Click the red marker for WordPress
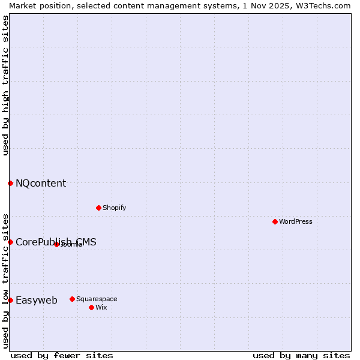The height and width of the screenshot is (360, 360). coord(275,221)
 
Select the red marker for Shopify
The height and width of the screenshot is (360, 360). coord(98,208)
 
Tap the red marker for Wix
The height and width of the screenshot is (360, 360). coord(91,307)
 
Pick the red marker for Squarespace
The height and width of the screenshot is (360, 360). coord(72,299)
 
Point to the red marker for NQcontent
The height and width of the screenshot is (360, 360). coord(10,183)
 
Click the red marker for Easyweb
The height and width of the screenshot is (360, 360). coord(10,300)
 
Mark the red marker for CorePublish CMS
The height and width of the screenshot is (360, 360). coord(10,242)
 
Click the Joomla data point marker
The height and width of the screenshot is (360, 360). coord(56,244)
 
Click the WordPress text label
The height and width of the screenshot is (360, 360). coord(296,221)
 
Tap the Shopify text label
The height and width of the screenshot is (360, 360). coord(114,208)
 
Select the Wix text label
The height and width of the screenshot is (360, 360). coord(101,307)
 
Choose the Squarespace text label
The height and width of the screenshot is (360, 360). coord(97,299)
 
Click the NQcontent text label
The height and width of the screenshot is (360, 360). coord(41,183)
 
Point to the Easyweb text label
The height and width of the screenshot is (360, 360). coord(37,300)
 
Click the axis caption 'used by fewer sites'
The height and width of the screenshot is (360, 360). coord(62,355)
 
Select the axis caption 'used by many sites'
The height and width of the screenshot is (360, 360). coord(301,355)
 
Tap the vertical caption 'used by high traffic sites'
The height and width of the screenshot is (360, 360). coord(5,85)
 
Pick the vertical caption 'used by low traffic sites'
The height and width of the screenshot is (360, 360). coord(5,280)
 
